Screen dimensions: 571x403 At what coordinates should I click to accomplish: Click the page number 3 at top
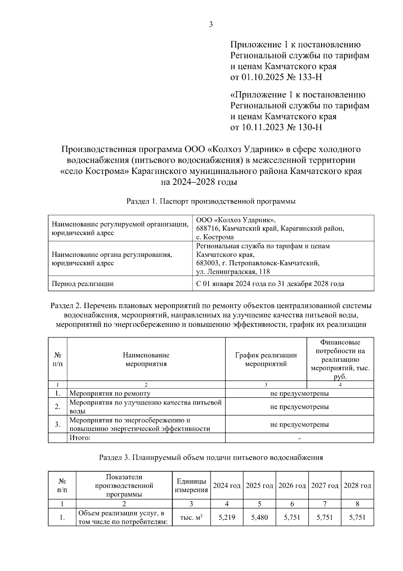tap(211, 25)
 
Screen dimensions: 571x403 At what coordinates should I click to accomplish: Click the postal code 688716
tap(208, 229)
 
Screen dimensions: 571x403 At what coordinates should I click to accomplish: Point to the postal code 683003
tap(208, 263)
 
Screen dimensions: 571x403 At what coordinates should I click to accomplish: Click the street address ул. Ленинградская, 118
tap(233, 272)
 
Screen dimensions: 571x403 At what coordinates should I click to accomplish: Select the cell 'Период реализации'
tap(83, 284)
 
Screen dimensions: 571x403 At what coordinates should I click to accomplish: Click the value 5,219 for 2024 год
tap(227, 518)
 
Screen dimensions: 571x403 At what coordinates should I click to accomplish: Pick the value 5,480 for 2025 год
tap(259, 518)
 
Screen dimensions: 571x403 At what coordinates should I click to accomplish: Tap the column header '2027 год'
tap(324, 486)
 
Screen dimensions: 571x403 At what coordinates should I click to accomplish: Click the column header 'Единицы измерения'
tap(191, 486)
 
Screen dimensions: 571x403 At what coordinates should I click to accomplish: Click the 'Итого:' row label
tap(80, 438)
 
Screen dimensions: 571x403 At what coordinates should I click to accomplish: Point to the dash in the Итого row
tap(299, 438)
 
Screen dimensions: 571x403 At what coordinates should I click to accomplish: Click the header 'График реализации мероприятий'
tap(266, 359)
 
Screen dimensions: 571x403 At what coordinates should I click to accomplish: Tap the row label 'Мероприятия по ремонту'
tap(110, 393)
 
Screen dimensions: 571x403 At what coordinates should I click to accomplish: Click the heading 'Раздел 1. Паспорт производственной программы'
tap(211, 202)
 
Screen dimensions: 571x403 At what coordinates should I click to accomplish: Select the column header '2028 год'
tap(357, 486)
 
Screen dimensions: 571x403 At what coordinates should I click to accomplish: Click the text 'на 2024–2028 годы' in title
tap(199, 182)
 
